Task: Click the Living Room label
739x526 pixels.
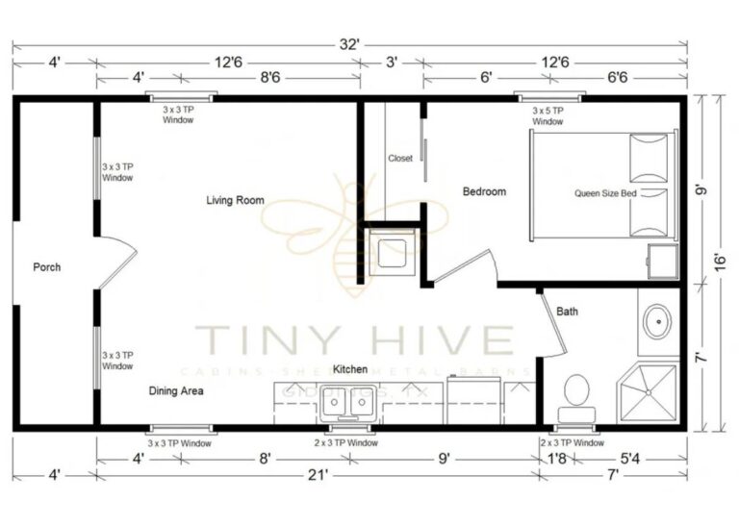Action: tap(235, 200)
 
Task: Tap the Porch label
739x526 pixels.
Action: tap(46, 266)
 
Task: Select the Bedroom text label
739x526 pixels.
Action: tap(484, 191)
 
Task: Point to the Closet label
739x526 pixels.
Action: tap(400, 159)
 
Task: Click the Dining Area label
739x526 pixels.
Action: tap(176, 391)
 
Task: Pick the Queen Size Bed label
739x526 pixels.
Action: tap(605, 192)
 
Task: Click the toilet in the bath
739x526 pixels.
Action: tap(575, 396)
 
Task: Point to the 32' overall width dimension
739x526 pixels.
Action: tap(348, 44)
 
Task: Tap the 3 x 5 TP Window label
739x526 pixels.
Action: tap(548, 116)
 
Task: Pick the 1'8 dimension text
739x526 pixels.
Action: tap(555, 459)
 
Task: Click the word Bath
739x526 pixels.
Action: tap(567, 311)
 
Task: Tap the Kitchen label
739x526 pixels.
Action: tap(350, 369)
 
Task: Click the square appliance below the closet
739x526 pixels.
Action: tap(392, 253)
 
